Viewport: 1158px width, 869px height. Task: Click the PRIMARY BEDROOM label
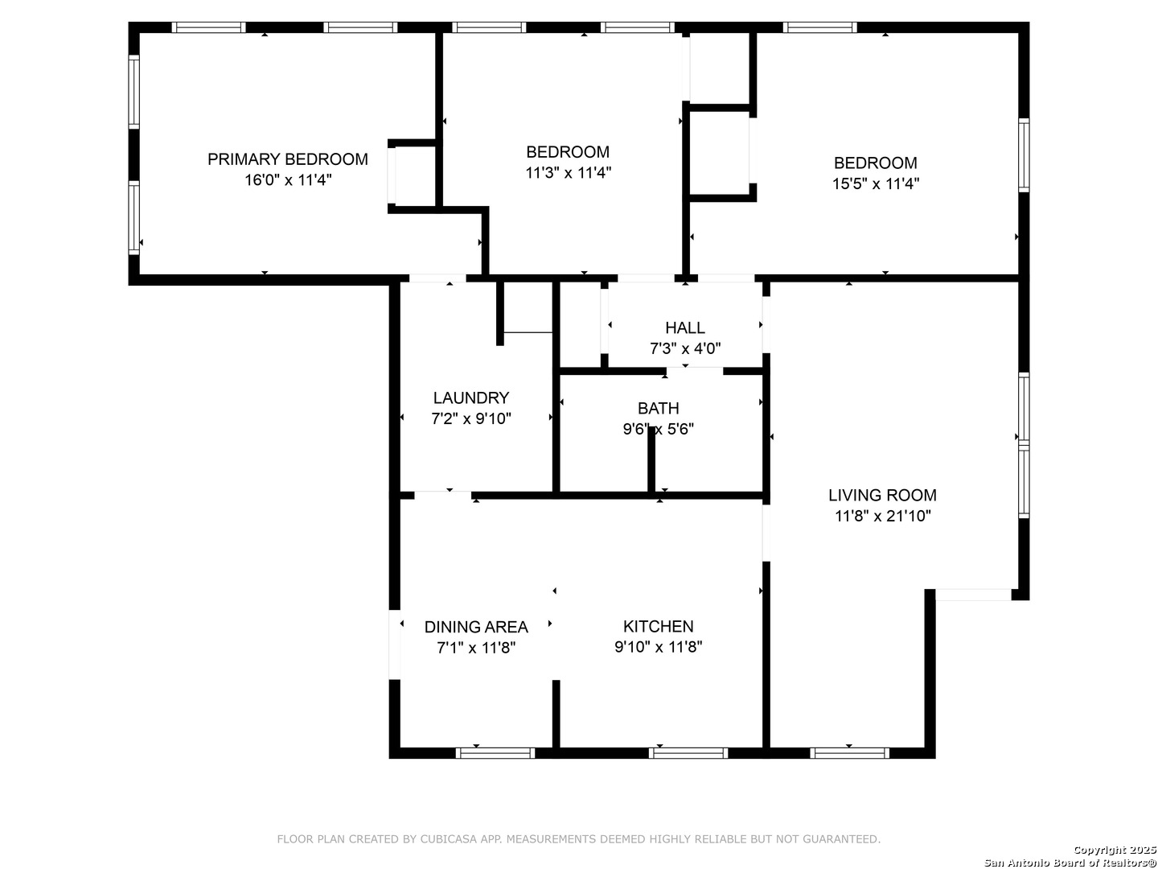288,159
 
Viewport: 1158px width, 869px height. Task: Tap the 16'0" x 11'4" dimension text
288,180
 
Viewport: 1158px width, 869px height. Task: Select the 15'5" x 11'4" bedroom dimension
876,184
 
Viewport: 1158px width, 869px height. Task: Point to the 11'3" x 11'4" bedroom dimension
569,173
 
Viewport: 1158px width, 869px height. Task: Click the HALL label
685,328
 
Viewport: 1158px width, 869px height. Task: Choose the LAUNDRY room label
471,397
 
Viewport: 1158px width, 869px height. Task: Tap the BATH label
658,409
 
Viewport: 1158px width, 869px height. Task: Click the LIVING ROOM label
882,496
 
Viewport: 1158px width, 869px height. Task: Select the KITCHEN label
658,626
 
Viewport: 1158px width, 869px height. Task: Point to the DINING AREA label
476,627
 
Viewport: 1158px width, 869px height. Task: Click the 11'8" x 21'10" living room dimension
883,516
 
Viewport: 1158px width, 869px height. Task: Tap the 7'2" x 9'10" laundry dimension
471,419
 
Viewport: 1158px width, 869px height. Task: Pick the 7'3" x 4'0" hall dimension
685,348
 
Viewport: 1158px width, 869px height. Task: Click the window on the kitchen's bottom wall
688,753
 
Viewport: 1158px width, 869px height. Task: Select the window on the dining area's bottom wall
495,753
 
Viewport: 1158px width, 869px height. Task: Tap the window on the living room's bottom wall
849,753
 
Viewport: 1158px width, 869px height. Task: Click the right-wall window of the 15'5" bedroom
1024,155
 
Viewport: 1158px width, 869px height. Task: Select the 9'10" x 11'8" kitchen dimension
658,647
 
